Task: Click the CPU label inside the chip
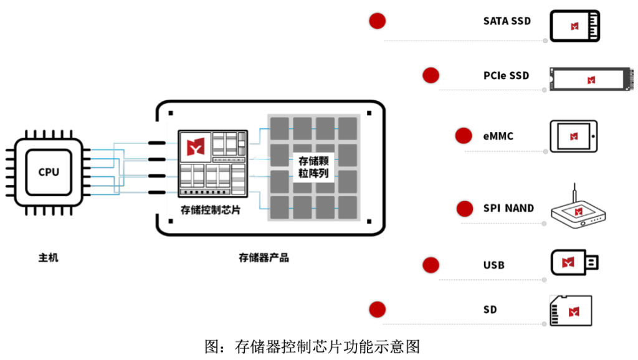(x=49, y=172)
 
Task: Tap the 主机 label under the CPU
(x=49, y=257)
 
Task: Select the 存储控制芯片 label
(x=211, y=210)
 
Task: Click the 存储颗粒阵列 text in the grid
(x=313, y=167)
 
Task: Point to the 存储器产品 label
(x=264, y=257)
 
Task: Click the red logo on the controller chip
(x=195, y=146)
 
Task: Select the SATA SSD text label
(x=507, y=21)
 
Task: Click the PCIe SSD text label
(x=506, y=75)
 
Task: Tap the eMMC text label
(x=498, y=136)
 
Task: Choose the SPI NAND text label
(x=508, y=208)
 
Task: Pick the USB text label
(x=493, y=265)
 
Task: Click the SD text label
(x=490, y=310)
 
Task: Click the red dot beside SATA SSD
(x=377, y=21)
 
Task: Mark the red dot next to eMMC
(x=464, y=136)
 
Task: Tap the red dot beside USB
(x=431, y=265)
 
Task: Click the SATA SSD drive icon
(x=574, y=26)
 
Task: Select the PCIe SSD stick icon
(x=591, y=79)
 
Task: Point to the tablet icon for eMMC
(x=574, y=136)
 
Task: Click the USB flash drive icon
(x=574, y=263)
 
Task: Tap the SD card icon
(x=571, y=311)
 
